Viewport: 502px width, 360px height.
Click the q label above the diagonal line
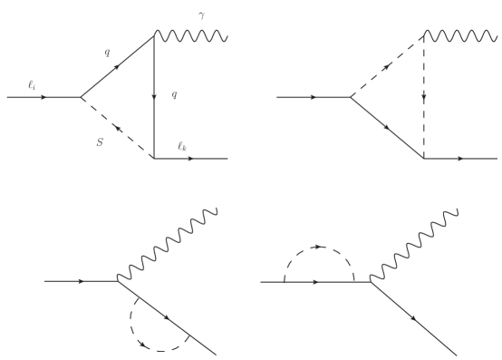(x=108, y=53)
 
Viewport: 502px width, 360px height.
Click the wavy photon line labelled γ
(x=191, y=36)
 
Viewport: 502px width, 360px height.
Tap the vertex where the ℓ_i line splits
(x=81, y=97)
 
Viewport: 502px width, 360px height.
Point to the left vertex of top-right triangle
(x=350, y=97)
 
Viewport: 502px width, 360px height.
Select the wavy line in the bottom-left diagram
(x=168, y=247)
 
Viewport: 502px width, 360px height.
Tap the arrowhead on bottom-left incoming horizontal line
(x=83, y=281)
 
